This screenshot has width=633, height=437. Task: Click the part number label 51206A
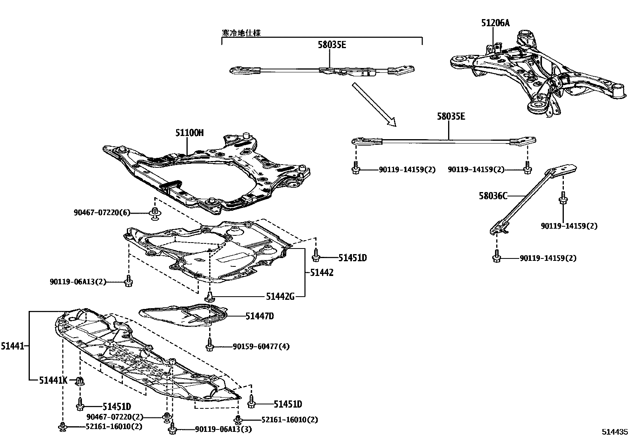pyautogui.click(x=495, y=23)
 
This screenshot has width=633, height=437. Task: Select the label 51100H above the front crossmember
pyautogui.click(x=189, y=132)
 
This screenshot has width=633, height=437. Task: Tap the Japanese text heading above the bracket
pyautogui.click(x=241, y=33)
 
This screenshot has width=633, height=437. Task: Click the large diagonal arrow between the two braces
pyautogui.click(x=374, y=105)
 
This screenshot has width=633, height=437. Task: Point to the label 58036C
pyautogui.click(x=493, y=196)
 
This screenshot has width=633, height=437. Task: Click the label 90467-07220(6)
pyautogui.click(x=102, y=213)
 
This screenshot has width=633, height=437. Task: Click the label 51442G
pyautogui.click(x=280, y=296)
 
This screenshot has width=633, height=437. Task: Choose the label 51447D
pyautogui.click(x=260, y=316)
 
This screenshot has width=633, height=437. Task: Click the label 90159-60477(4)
pyautogui.click(x=261, y=347)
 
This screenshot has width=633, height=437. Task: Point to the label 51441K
pyautogui.click(x=53, y=381)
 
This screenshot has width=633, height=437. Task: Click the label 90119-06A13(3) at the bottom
pyautogui.click(x=223, y=429)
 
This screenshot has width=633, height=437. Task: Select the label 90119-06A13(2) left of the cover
pyautogui.click(x=78, y=282)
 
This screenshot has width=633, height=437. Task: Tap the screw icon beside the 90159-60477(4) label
pyautogui.click(x=210, y=346)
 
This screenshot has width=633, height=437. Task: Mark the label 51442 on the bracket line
pyautogui.click(x=322, y=272)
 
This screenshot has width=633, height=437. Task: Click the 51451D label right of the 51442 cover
pyautogui.click(x=352, y=258)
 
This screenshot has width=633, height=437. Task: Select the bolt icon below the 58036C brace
pyautogui.click(x=496, y=257)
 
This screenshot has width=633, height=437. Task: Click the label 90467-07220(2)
pyautogui.click(x=115, y=417)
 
